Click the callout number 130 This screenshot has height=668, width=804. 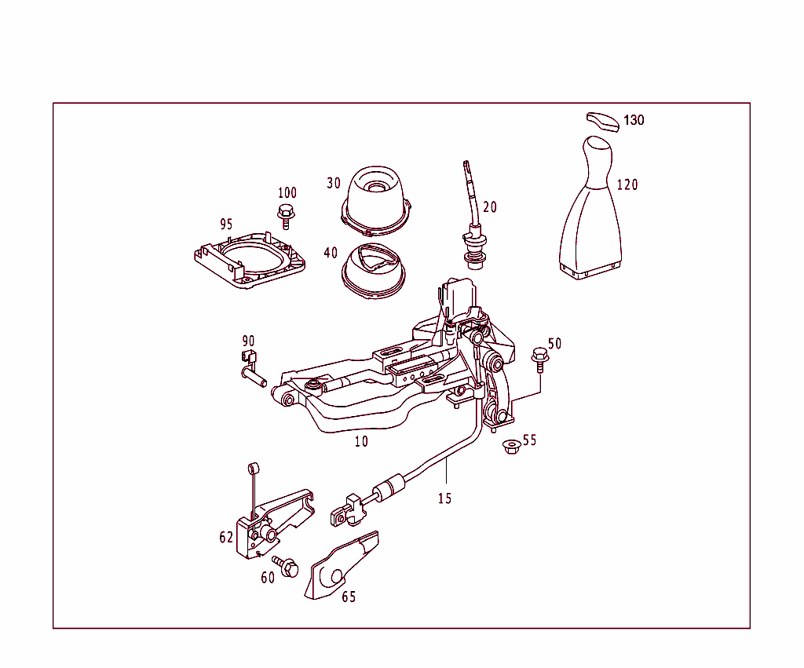coord(634,121)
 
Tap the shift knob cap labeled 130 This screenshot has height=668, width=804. coord(603,121)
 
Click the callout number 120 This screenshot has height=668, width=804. coord(627,185)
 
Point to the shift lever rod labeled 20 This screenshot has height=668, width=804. coord(473,212)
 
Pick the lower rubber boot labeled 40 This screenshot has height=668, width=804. coord(373,271)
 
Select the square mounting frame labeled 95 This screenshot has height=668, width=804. coord(249,259)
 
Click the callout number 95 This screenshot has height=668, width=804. coord(226,224)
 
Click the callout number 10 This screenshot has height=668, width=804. coord(360,441)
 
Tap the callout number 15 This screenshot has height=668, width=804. coord(445,498)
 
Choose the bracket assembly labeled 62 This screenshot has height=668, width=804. coord(271,522)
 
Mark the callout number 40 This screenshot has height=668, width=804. coord(331,253)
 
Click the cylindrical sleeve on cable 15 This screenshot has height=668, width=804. coord(391,487)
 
